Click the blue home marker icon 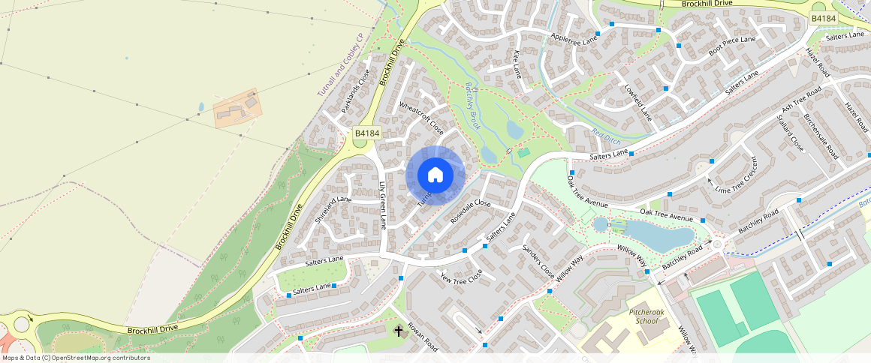pos(435,175)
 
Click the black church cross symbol pos(399,330)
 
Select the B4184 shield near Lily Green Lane pos(367,133)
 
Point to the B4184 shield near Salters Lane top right pos(823,17)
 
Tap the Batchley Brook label pos(472,105)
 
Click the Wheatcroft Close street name pos(421,118)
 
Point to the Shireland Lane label pos(333,210)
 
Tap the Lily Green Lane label pos(382,204)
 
